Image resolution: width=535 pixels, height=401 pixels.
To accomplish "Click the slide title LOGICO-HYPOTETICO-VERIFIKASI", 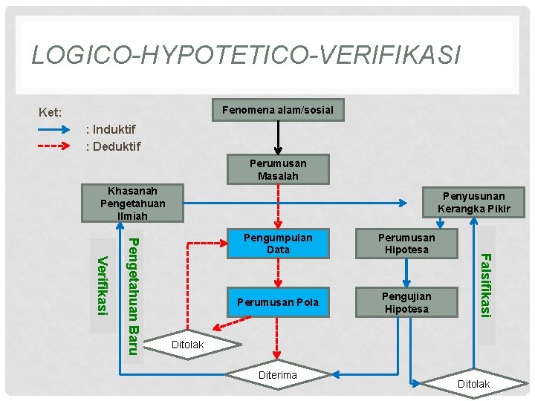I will click(246, 55).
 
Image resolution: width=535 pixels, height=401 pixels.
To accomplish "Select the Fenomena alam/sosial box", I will click(278, 111).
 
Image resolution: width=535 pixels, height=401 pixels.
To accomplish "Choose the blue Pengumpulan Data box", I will click(278, 244).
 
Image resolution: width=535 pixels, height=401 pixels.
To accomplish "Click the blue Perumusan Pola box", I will click(278, 302).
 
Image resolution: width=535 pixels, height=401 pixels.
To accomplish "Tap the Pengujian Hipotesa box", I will click(406, 302).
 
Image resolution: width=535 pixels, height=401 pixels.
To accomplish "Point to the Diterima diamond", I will click(278, 376).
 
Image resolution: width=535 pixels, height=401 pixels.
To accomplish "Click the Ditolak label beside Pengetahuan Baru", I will click(187, 345).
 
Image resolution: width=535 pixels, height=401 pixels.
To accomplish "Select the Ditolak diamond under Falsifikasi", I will click(473, 384).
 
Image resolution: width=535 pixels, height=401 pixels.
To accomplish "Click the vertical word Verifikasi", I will click(103, 284).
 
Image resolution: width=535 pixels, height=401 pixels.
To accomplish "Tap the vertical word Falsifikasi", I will click(485, 285).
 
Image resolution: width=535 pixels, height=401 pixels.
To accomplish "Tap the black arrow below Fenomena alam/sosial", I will click(278, 139).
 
